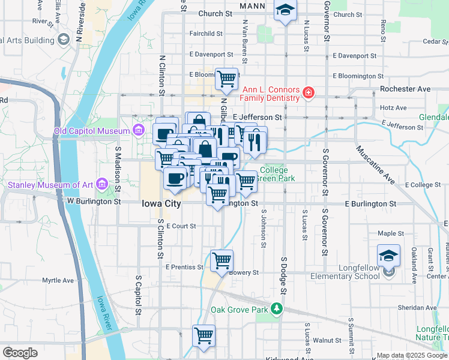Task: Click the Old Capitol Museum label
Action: (91, 131)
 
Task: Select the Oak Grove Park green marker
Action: (276, 309)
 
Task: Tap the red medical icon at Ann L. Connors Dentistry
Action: (308, 92)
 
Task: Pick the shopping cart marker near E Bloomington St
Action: (226, 78)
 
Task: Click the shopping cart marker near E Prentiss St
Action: (222, 261)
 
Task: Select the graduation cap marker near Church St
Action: (285, 10)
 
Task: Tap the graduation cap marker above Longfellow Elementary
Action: (388, 255)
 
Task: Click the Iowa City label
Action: (161, 204)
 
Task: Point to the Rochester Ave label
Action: (405, 89)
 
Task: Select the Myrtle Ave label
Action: (58, 280)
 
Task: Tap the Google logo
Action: (20, 353)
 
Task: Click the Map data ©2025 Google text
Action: (411, 355)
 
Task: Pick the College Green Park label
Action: (277, 174)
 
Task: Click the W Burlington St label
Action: (94, 202)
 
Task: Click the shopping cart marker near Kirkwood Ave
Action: (204, 336)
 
